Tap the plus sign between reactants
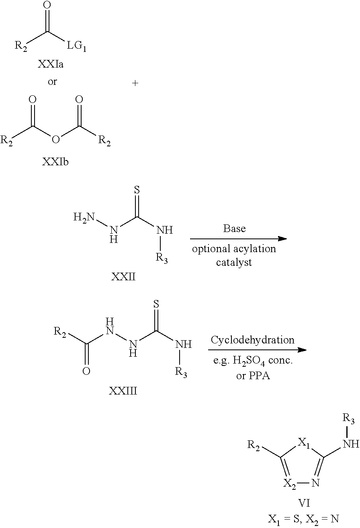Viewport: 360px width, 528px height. click(x=135, y=84)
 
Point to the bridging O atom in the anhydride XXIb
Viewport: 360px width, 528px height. click(x=56, y=140)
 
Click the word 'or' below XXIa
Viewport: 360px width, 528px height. click(x=52, y=82)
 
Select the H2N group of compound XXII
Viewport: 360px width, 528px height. click(x=84, y=218)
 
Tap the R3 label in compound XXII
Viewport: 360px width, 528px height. click(x=162, y=258)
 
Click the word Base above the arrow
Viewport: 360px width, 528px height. click(x=234, y=228)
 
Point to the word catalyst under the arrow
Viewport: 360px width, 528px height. click(x=234, y=263)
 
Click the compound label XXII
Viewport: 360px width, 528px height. click(x=123, y=277)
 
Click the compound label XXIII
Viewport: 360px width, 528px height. click(x=123, y=391)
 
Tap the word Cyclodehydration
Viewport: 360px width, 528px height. click(x=253, y=340)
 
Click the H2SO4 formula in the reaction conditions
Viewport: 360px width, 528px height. click(x=241, y=361)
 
